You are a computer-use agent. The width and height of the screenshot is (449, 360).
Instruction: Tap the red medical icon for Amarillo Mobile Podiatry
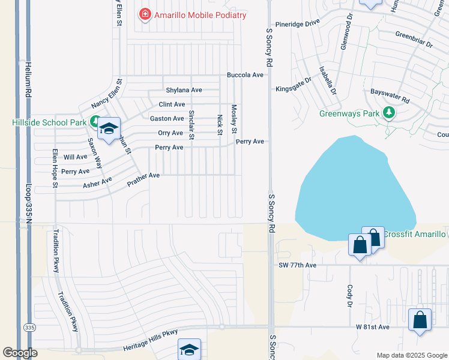144,14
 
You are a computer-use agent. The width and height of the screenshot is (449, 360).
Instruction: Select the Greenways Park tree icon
389,112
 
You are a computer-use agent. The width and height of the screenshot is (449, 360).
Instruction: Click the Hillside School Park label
49,122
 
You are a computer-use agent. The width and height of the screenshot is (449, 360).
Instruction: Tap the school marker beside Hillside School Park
109,128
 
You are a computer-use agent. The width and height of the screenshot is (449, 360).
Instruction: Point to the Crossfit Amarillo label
414,234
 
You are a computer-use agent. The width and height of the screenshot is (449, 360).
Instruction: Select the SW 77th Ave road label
297,265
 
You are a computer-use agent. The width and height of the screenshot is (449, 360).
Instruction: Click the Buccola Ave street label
245,75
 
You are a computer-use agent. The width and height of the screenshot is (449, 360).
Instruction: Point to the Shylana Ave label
184,90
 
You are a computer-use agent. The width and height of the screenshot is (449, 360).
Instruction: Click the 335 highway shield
29,328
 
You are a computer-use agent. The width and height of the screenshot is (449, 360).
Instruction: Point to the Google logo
20,353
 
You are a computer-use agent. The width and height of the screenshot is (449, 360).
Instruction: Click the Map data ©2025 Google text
411,355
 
